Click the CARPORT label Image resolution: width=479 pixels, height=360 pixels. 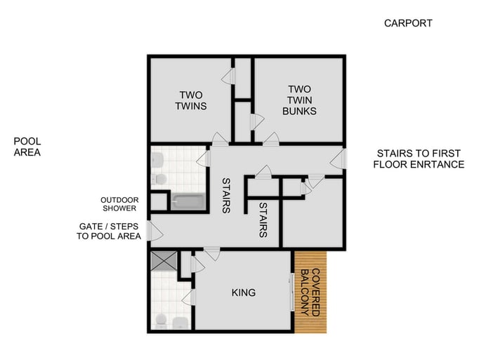click(x=407, y=23)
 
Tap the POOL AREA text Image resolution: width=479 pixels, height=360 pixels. click(x=27, y=146)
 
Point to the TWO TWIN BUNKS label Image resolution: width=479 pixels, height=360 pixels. click(x=299, y=100)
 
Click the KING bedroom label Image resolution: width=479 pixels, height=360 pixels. click(x=243, y=292)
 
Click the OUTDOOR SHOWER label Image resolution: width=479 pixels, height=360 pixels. click(x=119, y=204)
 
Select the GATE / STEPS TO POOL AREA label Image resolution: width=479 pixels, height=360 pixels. click(x=110, y=231)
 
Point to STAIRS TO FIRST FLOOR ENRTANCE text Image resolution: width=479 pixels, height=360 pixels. click(x=419, y=159)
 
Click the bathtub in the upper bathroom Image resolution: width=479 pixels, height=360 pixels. click(x=188, y=202)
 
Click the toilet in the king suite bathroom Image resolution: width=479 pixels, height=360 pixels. click(x=162, y=322)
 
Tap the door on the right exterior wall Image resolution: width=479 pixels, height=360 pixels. click(x=340, y=159)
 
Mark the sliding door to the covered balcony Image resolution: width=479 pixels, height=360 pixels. click(x=291, y=291)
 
